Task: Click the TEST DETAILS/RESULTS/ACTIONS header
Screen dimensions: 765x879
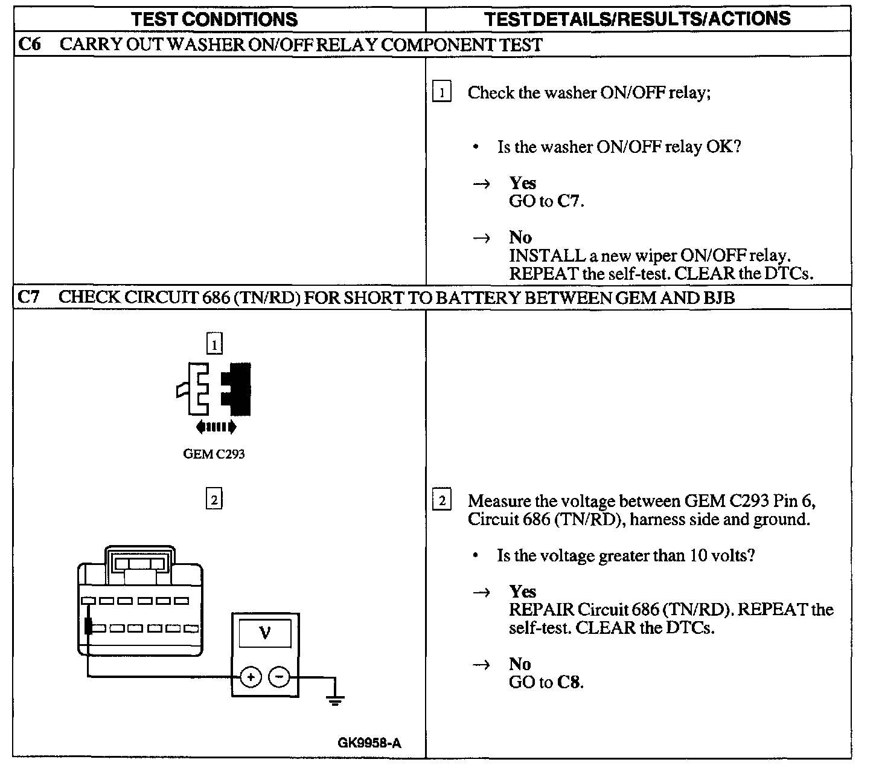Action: click(x=638, y=19)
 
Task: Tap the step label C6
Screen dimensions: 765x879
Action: click(x=30, y=45)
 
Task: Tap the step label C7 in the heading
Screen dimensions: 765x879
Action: click(x=30, y=297)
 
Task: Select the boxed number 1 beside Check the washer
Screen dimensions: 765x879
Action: click(x=442, y=93)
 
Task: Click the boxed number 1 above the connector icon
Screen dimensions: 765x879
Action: click(x=214, y=344)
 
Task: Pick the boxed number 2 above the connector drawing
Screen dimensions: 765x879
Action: click(x=214, y=500)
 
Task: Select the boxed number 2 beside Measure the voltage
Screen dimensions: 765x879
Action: click(x=442, y=501)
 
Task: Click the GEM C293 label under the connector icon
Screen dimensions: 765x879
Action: click(x=214, y=454)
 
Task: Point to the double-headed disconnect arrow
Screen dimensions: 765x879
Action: click(x=216, y=427)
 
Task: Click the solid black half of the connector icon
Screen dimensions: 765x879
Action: click(x=237, y=388)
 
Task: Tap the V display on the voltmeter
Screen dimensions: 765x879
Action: click(x=264, y=633)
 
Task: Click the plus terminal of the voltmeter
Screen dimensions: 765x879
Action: click(x=251, y=677)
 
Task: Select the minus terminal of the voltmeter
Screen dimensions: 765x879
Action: click(x=279, y=677)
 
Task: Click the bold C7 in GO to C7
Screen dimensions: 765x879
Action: click(x=569, y=201)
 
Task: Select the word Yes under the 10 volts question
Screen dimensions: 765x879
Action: click(x=522, y=591)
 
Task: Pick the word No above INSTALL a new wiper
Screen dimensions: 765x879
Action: click(x=520, y=237)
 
